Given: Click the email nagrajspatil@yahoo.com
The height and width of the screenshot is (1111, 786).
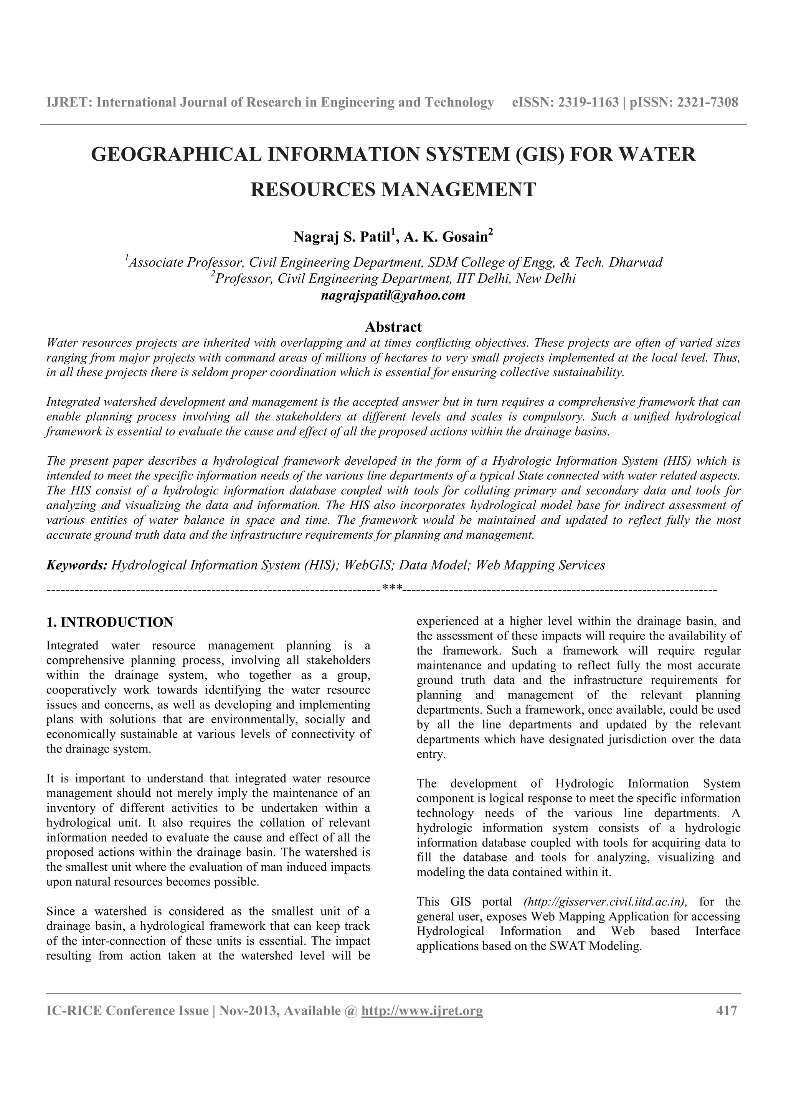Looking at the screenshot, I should pos(393,295).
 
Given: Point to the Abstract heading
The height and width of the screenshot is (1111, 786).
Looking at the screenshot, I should pos(393,327).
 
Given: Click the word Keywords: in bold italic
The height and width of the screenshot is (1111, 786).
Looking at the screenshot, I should pos(76,565).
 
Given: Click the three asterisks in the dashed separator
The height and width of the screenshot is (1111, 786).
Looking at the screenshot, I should pos(392,588).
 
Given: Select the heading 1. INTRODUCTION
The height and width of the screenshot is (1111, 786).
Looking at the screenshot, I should pos(110,622).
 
